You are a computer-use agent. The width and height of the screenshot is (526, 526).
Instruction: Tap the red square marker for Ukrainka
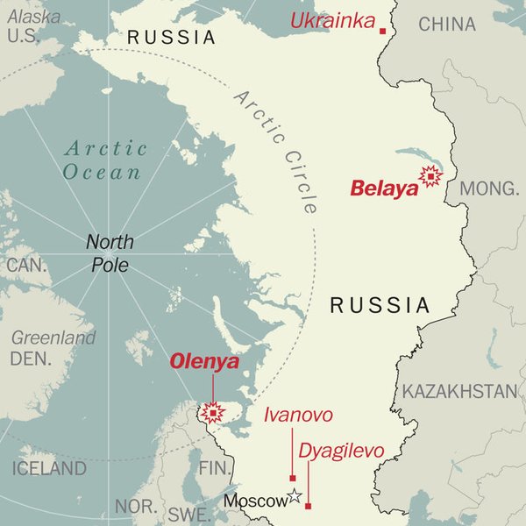click(383, 31)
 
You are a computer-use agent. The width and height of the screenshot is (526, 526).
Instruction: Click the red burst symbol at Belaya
click(430, 177)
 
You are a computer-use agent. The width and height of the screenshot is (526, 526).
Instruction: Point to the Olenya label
click(204, 361)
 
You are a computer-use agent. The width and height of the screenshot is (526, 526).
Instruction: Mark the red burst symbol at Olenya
click(211, 412)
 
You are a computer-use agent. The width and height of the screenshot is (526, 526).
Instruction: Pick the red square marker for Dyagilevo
click(308, 506)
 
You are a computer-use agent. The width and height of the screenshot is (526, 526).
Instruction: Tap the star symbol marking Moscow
click(295, 496)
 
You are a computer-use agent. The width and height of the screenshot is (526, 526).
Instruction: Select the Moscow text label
click(255, 501)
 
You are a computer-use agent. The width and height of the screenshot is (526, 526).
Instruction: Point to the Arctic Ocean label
click(103, 160)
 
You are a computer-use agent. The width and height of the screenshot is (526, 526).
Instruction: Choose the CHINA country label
click(447, 24)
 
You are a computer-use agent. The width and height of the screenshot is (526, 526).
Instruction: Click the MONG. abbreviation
click(490, 188)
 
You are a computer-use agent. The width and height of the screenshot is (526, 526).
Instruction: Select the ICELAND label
click(49, 468)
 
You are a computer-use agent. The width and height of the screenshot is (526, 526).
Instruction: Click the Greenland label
click(53, 338)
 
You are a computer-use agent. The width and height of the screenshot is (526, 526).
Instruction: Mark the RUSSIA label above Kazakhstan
click(380, 305)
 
